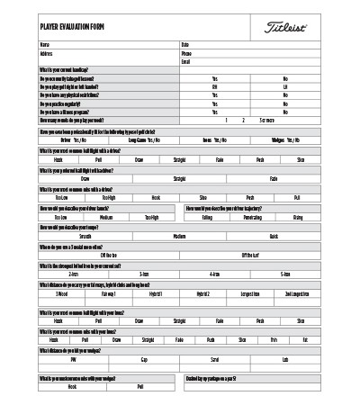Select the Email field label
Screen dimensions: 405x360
(x=185, y=62)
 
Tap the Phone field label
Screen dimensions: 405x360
(x=187, y=53)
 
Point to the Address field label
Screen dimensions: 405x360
(x=47, y=53)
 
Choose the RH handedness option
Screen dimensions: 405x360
(x=215, y=86)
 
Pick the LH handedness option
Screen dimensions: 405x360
(x=285, y=86)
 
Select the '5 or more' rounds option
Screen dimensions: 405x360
(x=266, y=120)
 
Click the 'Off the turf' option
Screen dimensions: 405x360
(x=249, y=254)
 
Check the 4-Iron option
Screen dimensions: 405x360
(x=215, y=273)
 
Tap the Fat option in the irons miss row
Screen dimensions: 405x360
(x=306, y=339)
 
